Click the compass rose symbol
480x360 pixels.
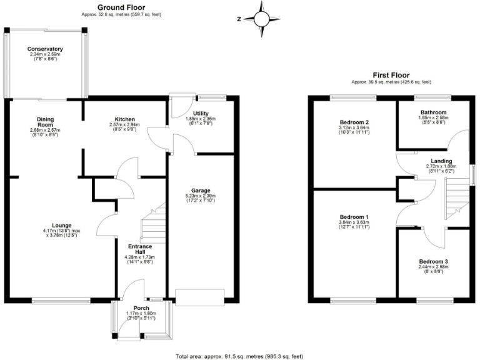click(262, 18)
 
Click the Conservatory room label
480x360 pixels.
click(45, 49)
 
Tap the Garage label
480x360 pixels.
click(201, 190)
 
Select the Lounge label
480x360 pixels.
click(62, 225)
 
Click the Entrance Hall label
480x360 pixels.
click(141, 249)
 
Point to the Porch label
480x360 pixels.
click(141, 307)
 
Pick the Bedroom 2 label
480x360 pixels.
click(354, 122)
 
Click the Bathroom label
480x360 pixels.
click(433, 112)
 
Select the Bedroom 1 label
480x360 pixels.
click(354, 217)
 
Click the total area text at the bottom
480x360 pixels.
click(240, 356)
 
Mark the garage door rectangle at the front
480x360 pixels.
click(199, 296)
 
